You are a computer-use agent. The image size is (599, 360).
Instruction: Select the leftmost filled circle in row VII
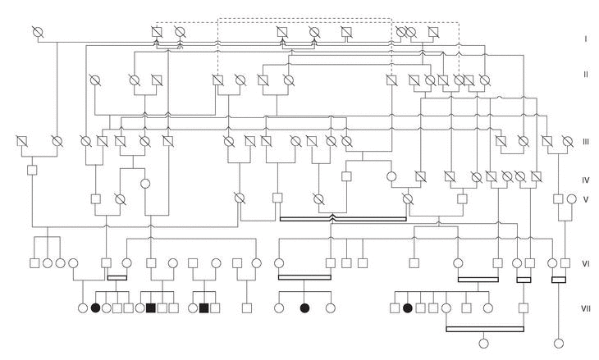(95, 308)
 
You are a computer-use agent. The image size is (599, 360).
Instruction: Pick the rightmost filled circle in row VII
(407, 308)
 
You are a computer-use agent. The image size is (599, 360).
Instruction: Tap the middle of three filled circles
(305, 308)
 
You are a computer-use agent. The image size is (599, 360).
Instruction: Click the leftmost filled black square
(151, 308)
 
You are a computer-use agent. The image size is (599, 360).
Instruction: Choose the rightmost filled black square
(203, 308)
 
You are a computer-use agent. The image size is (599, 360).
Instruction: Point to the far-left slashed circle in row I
(36, 32)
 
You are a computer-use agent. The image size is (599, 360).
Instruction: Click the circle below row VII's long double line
(483, 344)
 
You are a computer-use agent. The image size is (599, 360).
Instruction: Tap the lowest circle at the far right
(561, 344)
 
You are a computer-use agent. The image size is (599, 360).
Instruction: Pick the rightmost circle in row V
(571, 198)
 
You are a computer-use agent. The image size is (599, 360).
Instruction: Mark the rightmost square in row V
(557, 198)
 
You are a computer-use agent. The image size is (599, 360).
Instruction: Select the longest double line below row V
(342, 219)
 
